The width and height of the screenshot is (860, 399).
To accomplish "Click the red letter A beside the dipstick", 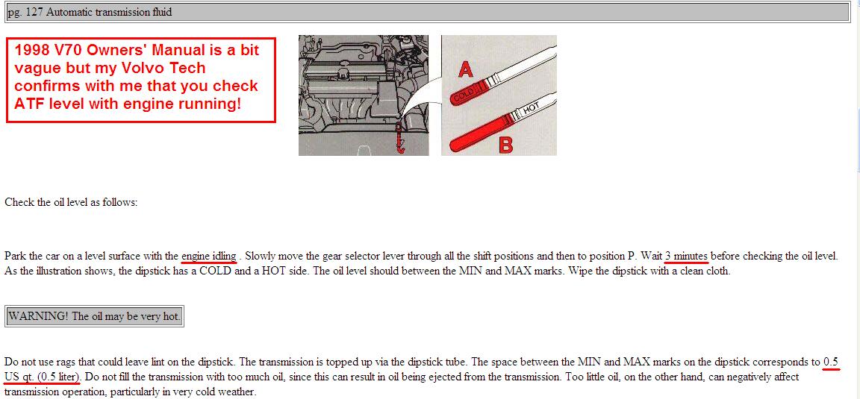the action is click(466, 69).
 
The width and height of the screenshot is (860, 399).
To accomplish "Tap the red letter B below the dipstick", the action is click(505, 145).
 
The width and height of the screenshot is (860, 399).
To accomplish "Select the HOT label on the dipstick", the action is click(532, 109).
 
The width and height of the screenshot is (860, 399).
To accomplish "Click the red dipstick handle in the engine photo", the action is click(400, 139).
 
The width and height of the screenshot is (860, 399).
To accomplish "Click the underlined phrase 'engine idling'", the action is click(209, 256).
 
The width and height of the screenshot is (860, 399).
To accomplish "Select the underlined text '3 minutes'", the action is click(686, 255).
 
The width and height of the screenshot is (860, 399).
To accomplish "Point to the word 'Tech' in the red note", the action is click(187, 68).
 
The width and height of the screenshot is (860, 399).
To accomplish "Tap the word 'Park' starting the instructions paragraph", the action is click(15, 256).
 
